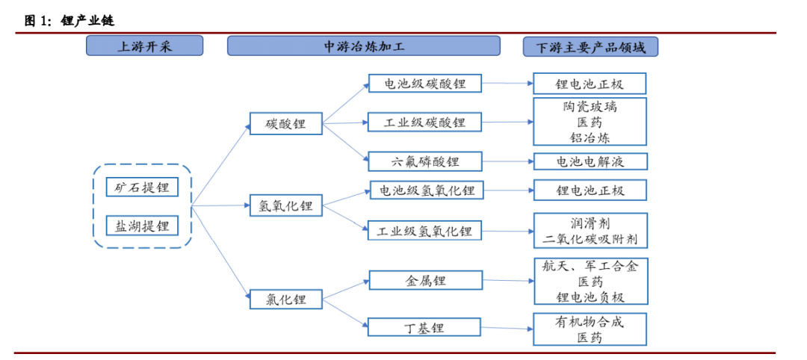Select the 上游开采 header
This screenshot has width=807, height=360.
pos(144,46)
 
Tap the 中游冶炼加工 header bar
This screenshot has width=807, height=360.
pos(363,46)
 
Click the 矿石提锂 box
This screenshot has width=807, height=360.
pos(142,187)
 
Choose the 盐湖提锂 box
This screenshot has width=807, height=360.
pos(142,225)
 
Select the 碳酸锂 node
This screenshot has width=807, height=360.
pos(285,124)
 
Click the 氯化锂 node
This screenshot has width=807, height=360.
pos(285,300)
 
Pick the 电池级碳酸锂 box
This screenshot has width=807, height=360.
pos(424,84)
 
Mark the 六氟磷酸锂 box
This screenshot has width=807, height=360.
pos(425,161)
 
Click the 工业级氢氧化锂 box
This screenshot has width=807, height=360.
pos(424,230)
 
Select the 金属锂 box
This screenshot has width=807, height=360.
pos(425,281)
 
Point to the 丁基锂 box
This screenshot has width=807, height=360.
pos(424,327)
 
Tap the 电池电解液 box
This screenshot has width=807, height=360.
pos(590,161)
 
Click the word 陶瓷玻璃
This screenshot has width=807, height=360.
pos(590,107)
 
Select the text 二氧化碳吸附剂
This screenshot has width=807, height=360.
pos(590,240)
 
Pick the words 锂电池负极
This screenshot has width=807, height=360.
pos(590,297)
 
